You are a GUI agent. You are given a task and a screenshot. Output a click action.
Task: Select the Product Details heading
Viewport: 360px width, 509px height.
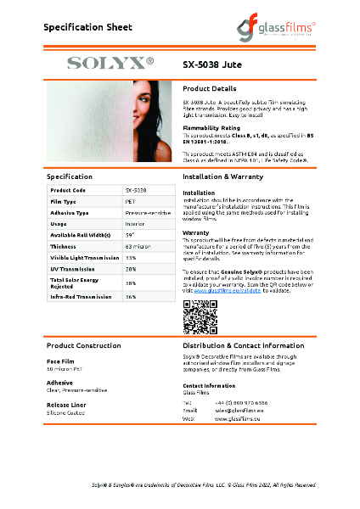click(210, 88)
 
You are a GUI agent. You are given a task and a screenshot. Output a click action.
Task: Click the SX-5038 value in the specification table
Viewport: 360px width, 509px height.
click(136, 190)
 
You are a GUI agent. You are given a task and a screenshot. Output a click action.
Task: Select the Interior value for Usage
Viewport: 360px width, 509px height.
click(134, 223)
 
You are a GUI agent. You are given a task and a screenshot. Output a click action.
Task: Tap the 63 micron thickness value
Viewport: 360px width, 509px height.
click(137, 246)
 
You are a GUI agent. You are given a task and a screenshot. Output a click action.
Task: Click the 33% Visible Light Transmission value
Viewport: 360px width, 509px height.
click(131, 257)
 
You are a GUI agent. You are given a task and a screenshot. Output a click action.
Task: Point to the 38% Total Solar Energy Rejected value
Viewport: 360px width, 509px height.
click(131, 282)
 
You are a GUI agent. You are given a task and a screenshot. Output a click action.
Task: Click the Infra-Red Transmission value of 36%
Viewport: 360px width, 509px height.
click(131, 297)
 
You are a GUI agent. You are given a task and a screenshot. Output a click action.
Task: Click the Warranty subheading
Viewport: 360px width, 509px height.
click(196, 232)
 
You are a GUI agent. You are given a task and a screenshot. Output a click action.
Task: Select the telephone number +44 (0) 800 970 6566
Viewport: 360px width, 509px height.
click(243, 402)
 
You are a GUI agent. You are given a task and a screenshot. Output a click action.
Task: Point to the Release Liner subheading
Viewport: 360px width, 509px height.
click(67, 405)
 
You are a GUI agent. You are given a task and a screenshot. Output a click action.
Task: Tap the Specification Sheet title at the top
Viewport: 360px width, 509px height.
click(88, 28)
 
